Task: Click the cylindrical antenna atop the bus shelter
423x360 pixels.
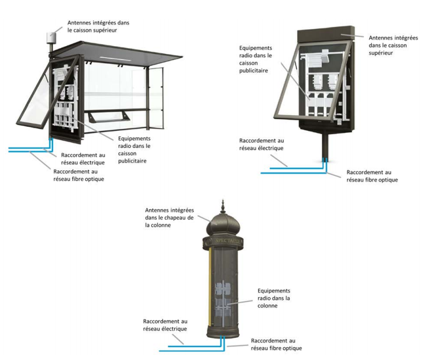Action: (x=51, y=36)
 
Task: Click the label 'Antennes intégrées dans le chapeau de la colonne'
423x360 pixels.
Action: (x=169, y=218)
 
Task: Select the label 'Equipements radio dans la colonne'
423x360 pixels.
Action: (x=274, y=298)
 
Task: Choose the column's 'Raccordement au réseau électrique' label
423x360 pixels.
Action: (x=165, y=325)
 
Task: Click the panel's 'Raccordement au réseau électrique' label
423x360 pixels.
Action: (x=261, y=145)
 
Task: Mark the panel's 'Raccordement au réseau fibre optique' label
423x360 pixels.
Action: (x=372, y=176)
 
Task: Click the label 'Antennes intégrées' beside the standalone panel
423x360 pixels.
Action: (x=390, y=45)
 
